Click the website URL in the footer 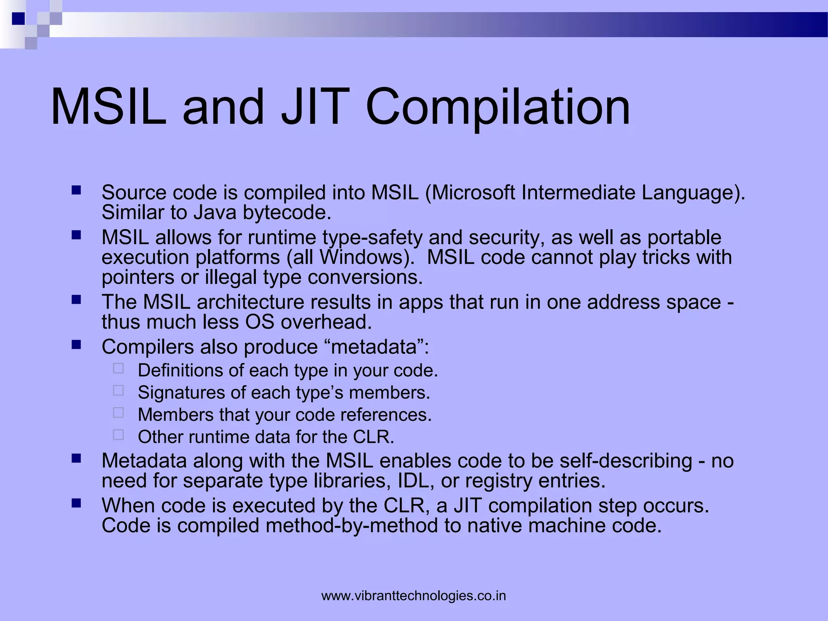click(x=414, y=596)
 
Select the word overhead click(x=326, y=322)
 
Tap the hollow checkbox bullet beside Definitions click(x=118, y=368)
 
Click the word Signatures click(x=181, y=393)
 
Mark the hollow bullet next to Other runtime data click(x=118, y=435)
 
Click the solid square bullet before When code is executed click(x=76, y=503)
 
